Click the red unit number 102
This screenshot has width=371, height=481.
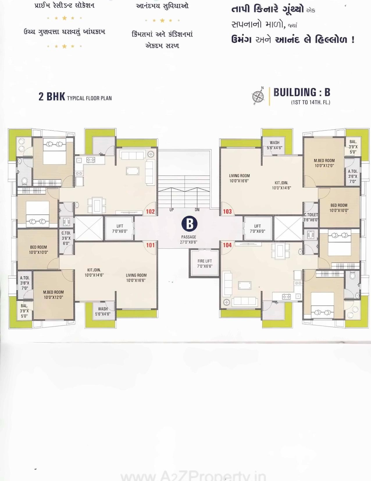pyautogui.click(x=150, y=212)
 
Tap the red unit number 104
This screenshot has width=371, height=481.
pyautogui.click(x=227, y=245)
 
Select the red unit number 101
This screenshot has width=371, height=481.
pyautogui.click(x=150, y=245)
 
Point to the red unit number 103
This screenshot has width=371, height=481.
pyautogui.click(x=227, y=212)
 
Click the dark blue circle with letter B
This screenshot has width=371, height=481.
pyautogui.click(x=189, y=224)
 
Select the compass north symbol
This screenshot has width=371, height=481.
pyautogui.click(x=258, y=96)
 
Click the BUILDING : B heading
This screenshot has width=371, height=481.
pyautogui.click(x=302, y=92)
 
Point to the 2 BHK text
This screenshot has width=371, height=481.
pyautogui.click(x=52, y=96)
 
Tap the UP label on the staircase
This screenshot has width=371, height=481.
pyautogui.click(x=172, y=210)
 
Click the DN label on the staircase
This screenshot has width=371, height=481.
pyautogui.click(x=197, y=210)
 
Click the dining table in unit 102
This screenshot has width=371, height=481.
pyautogui.click(x=97, y=205)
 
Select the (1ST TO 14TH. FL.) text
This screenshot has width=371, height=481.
pyautogui.click(x=311, y=102)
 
